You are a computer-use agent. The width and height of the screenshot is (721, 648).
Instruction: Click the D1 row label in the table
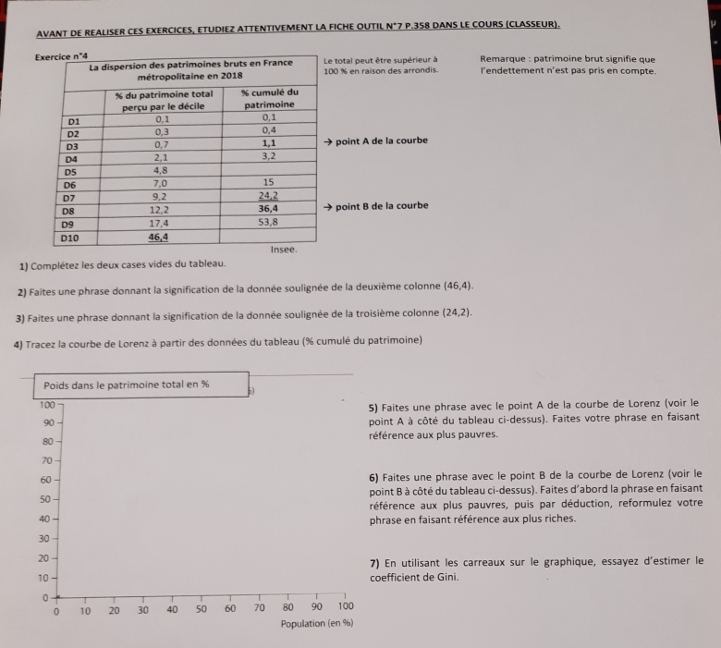pos(75,119)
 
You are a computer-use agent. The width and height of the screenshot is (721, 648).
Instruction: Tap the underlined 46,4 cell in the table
pos(159,238)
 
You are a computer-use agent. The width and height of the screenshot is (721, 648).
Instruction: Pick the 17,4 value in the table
pos(159,224)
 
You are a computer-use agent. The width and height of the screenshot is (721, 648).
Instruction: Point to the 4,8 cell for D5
pos(160,171)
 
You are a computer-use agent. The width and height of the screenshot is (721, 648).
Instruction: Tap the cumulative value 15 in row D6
pos(269,183)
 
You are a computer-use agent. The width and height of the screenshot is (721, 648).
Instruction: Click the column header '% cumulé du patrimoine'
pos(269,99)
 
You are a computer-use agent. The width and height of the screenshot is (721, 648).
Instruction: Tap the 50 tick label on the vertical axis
pos(45,499)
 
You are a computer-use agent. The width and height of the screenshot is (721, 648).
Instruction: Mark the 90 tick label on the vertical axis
pos(47,422)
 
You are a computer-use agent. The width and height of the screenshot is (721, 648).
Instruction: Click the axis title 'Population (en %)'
pos(317,624)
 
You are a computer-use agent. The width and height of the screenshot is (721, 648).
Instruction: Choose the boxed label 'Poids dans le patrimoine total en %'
pos(127,385)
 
